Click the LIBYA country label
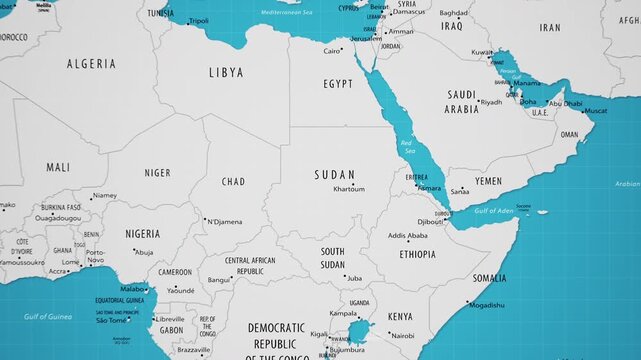[225, 72]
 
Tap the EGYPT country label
[338, 84]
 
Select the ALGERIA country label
[91, 64]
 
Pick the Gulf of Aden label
[493, 211]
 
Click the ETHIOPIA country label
[417, 254]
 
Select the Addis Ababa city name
[407, 236]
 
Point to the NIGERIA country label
[142, 233]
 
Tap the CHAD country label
[232, 182]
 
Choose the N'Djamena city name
[225, 221]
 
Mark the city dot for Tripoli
[186, 20]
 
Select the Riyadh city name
[492, 102]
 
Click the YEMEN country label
[488, 181]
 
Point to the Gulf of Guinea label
[48, 316]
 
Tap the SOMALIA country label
[489, 278]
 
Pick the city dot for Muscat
[583, 110]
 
